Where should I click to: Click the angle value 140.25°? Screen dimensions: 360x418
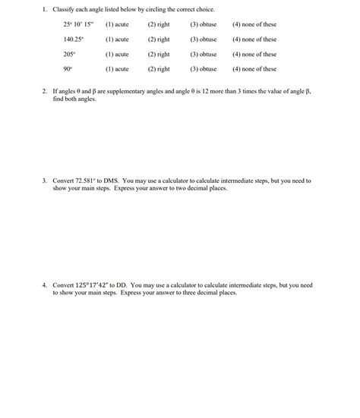pyautogui.click(x=74, y=39)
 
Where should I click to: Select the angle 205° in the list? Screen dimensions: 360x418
pyautogui.click(x=69, y=55)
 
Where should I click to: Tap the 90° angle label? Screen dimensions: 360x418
pyautogui.click(x=68, y=69)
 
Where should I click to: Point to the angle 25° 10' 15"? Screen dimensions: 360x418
pyautogui.click(x=77, y=24)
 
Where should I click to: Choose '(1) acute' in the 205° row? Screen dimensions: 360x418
pyautogui.click(x=117, y=55)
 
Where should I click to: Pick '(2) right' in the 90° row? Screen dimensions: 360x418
pyautogui.click(x=159, y=69)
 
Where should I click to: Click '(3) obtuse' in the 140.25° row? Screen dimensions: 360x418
pyautogui.click(x=204, y=39)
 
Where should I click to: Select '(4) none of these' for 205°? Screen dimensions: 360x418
pyautogui.click(x=254, y=55)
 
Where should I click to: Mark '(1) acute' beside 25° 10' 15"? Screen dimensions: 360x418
pyautogui.click(x=117, y=24)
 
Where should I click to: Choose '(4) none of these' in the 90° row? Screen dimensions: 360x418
pyautogui.click(x=254, y=69)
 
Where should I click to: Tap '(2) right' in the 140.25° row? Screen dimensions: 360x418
pyautogui.click(x=159, y=39)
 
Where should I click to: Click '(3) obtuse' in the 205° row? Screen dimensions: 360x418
pyautogui.click(x=204, y=55)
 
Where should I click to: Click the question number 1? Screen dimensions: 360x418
pyautogui.click(x=44, y=9)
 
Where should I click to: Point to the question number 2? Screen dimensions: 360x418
pyautogui.click(x=44, y=90)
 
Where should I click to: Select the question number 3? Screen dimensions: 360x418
pyautogui.click(x=44, y=181)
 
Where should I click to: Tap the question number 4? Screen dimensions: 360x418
pyautogui.click(x=44, y=285)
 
